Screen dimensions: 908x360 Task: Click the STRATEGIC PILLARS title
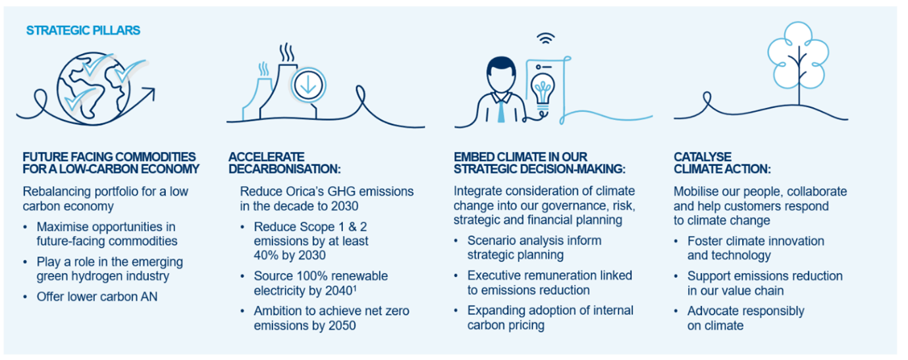(x=83, y=30)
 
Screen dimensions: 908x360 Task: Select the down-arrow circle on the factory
(x=308, y=86)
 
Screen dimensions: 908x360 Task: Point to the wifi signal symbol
(x=546, y=38)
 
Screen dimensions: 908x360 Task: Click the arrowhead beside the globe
(x=149, y=93)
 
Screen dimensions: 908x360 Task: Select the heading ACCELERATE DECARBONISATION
(x=284, y=163)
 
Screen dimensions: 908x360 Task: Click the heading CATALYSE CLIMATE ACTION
(x=722, y=163)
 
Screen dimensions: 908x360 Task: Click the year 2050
(x=342, y=326)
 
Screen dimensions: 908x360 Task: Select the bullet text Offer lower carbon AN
(x=97, y=297)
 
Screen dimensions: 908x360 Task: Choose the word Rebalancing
(x=57, y=192)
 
